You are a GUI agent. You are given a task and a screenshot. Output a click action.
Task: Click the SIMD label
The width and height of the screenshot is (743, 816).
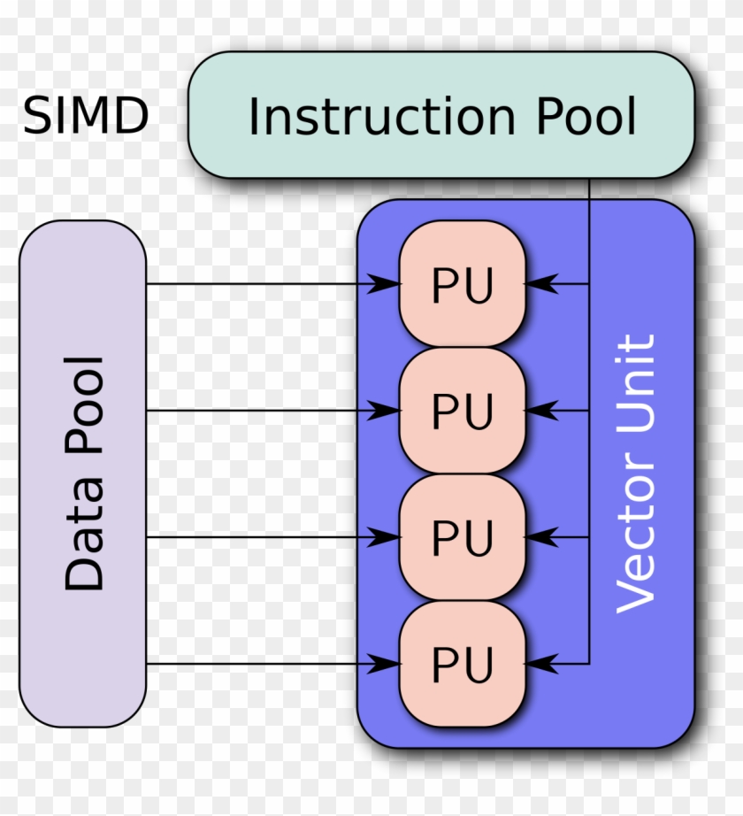click(x=86, y=117)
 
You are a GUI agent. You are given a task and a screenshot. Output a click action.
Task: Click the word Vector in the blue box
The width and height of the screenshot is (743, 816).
click(x=636, y=541)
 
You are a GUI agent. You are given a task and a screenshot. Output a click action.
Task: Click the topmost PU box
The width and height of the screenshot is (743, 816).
click(x=463, y=284)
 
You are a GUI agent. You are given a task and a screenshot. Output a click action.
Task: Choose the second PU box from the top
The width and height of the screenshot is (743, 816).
click(x=463, y=411)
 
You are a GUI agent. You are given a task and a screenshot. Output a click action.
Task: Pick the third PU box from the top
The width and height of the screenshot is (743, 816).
click(x=463, y=537)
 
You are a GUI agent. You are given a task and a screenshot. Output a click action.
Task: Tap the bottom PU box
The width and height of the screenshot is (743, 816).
click(x=463, y=664)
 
